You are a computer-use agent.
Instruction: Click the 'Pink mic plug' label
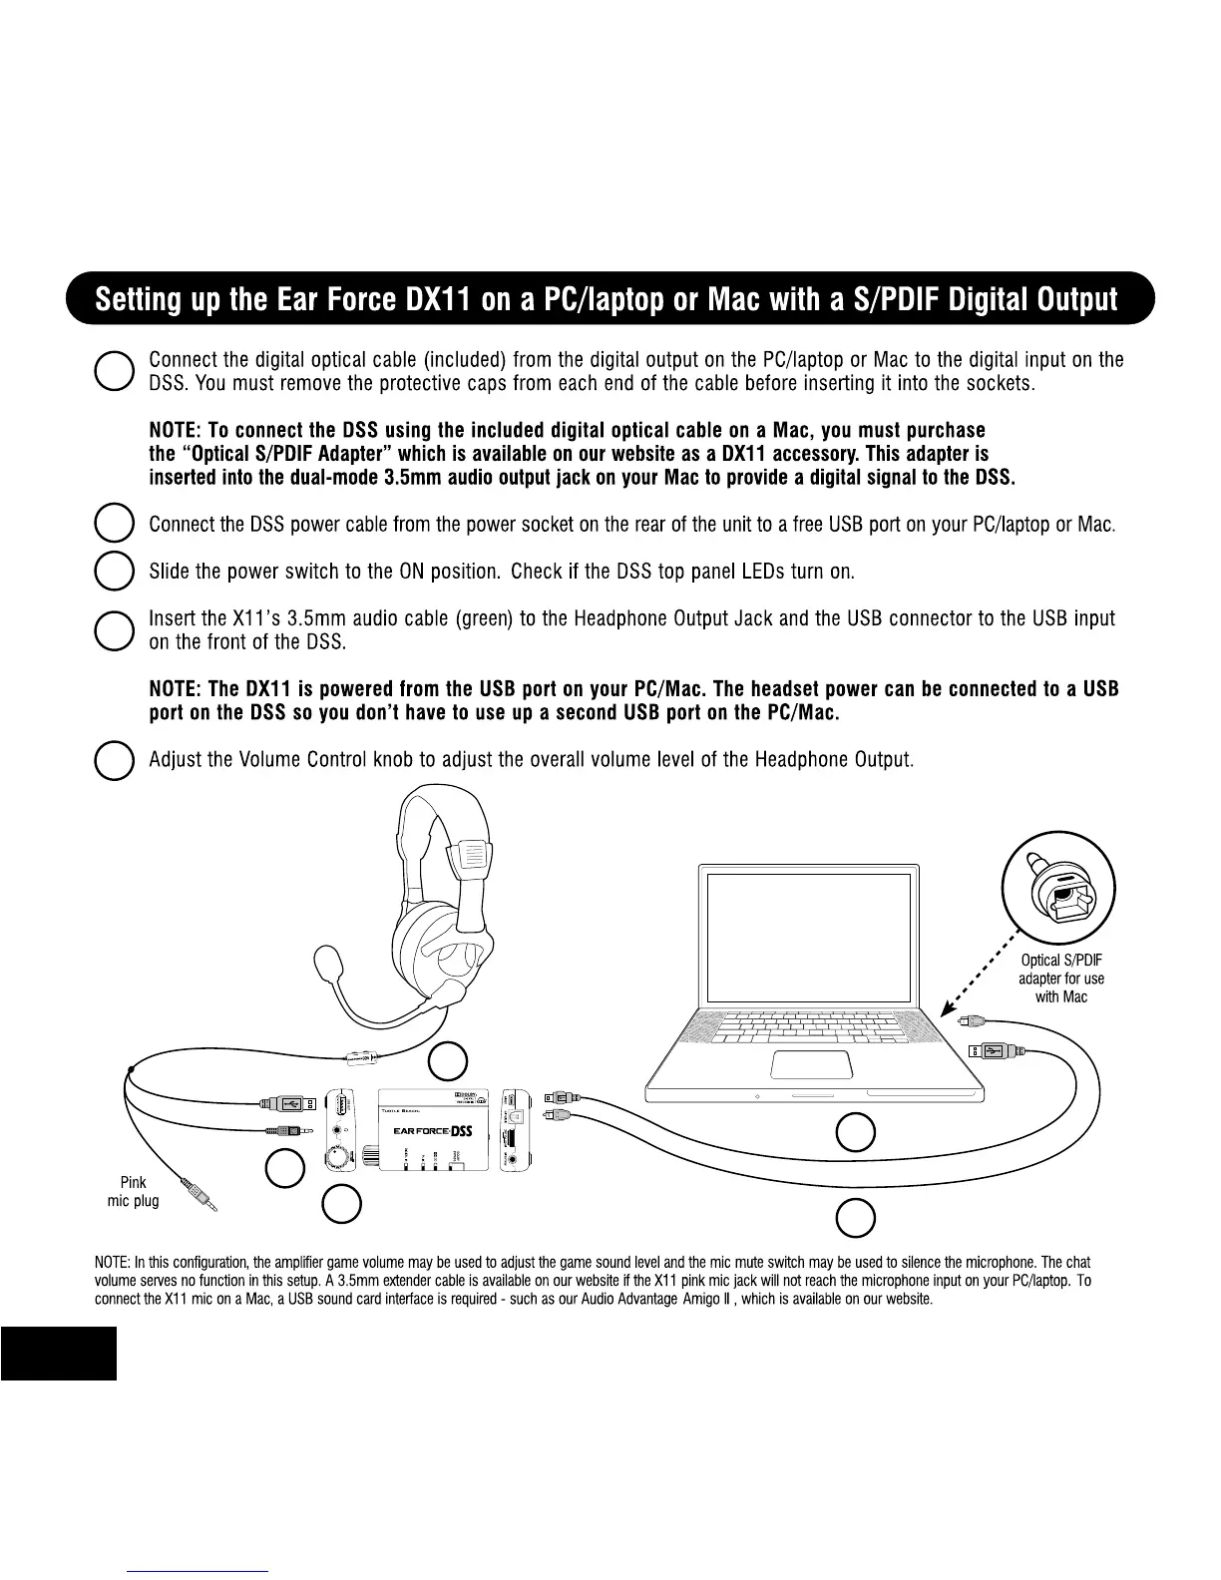[x=133, y=1192]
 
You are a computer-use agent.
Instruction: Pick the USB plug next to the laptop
[x=991, y=1050]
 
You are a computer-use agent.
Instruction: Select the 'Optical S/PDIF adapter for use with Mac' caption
[x=1060, y=979]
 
